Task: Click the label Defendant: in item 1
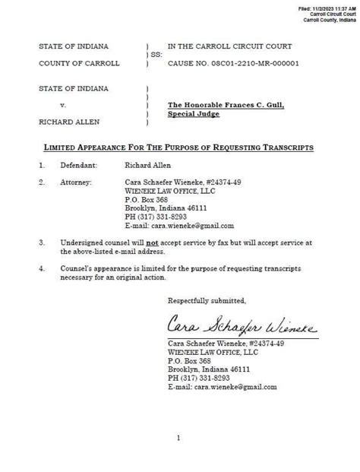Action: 74,164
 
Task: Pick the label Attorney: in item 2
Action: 73,182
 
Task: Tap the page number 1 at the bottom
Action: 178,438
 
